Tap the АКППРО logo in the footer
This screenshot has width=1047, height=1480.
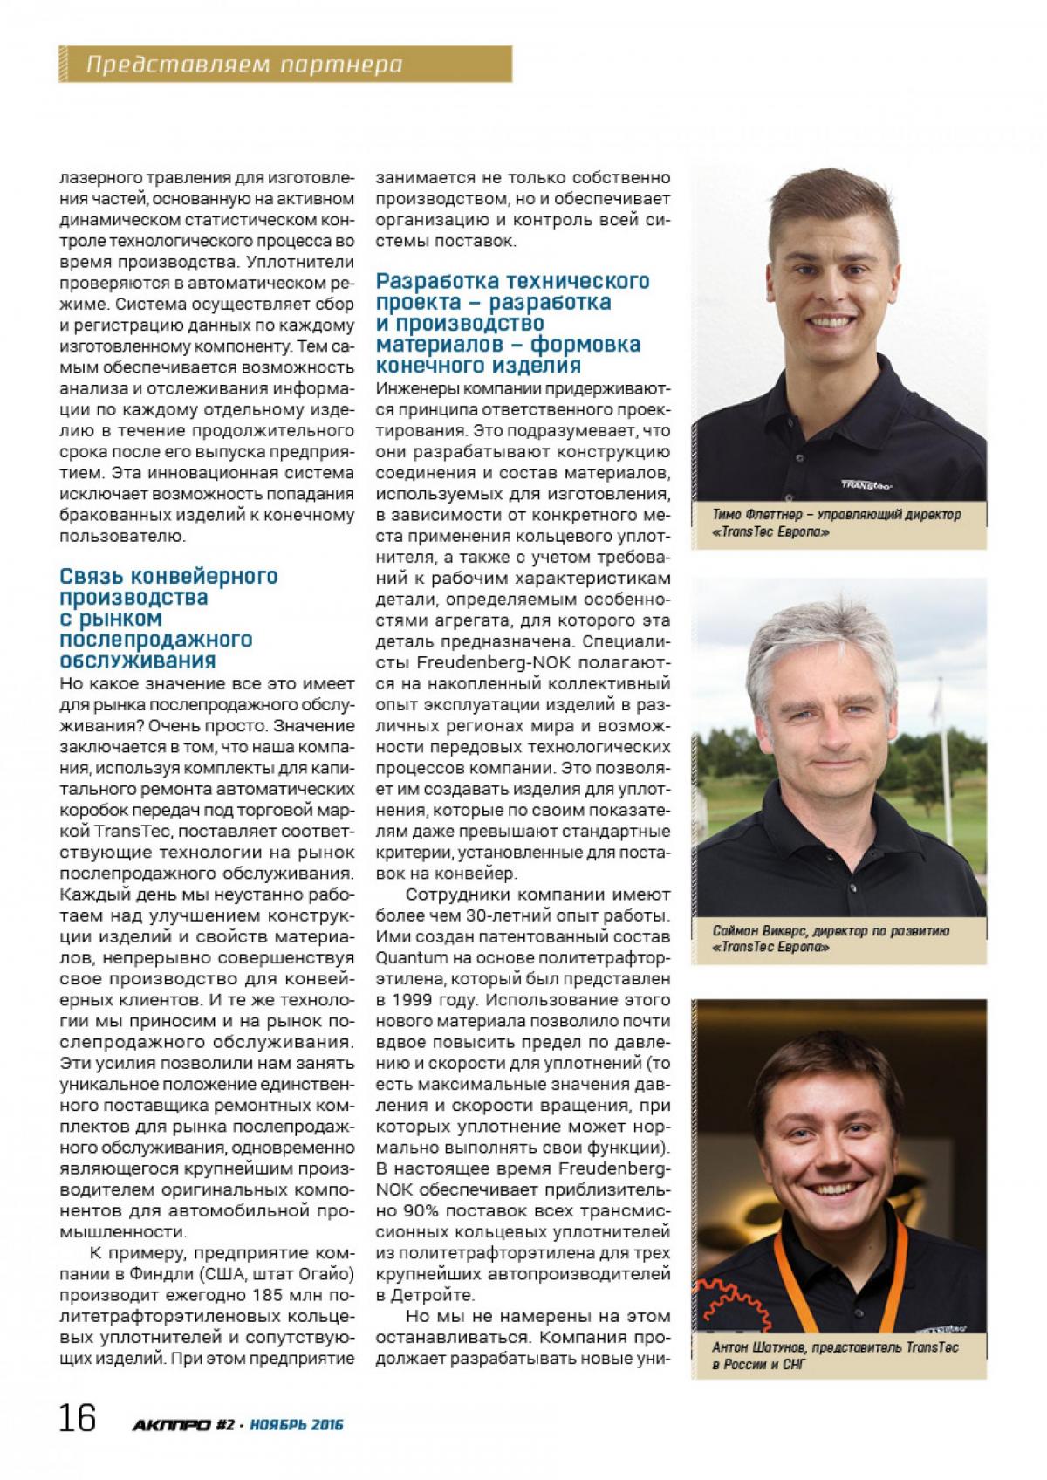171,1425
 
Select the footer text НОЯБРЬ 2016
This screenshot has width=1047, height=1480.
296,1425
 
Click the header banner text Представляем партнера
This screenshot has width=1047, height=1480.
244,64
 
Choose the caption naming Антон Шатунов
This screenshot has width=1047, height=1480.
835,1355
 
